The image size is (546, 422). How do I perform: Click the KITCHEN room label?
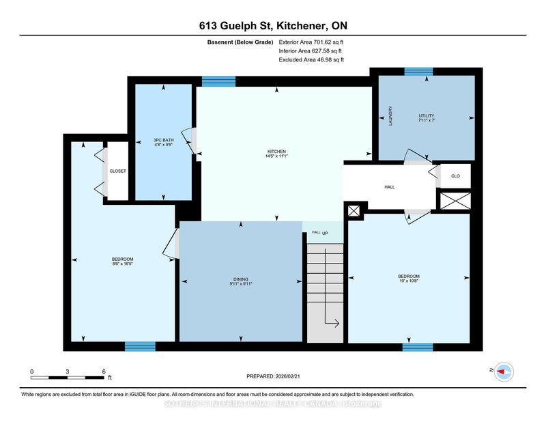pos(276,152)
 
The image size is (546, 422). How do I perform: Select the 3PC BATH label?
pos(162,141)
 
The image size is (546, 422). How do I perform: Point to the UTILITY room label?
pos(427,115)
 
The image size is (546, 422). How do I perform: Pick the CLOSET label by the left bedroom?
pos(117,171)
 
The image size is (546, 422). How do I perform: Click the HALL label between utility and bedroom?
pos(389,186)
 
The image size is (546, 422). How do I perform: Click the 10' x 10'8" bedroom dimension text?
pos(409,281)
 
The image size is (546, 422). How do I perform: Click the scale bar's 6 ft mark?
pos(104,372)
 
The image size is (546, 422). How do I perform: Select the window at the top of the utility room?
pos(418,72)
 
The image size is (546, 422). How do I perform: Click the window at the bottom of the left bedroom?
pos(140,346)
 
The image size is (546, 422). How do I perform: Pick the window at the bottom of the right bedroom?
pos(417,346)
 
